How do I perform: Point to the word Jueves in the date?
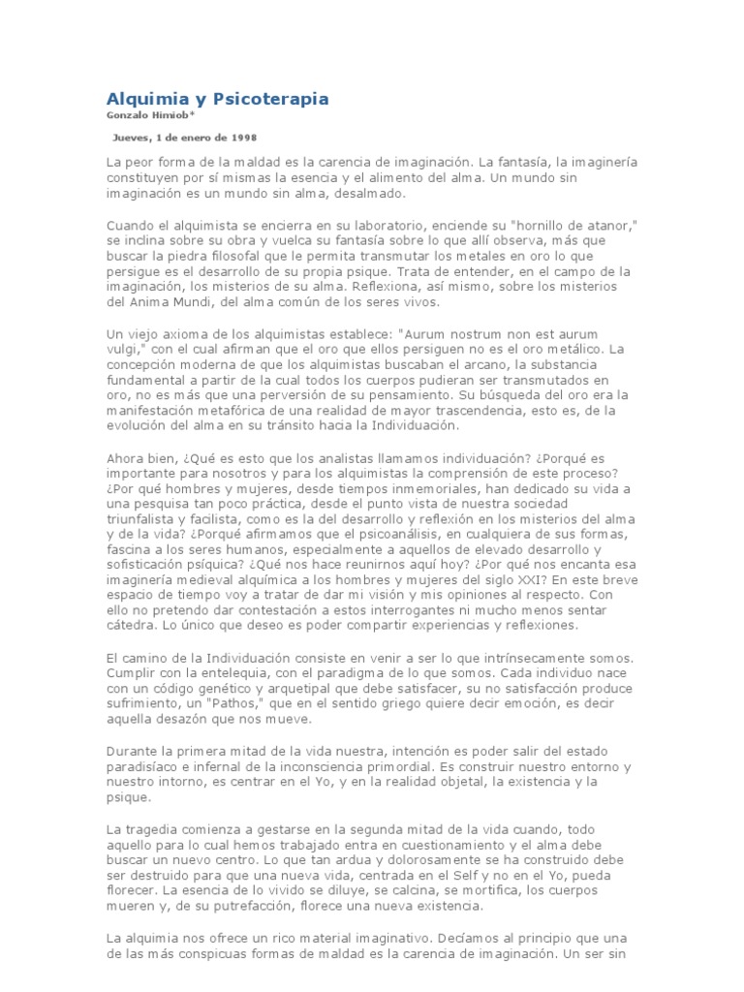[x=133, y=138]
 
